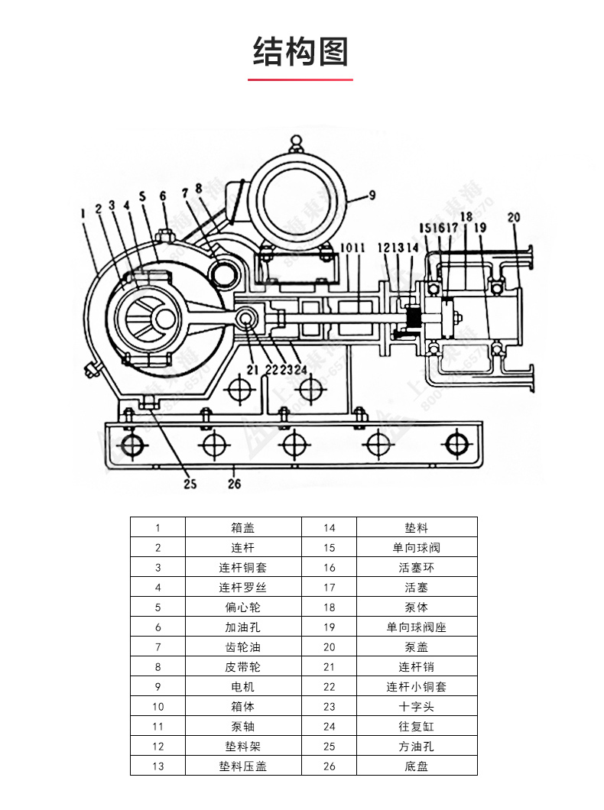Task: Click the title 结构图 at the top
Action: click(301, 51)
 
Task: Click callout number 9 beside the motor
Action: click(371, 195)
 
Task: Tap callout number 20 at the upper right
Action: click(513, 218)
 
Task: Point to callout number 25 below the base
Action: click(190, 483)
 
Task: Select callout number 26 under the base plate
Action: click(234, 483)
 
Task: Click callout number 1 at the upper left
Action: click(82, 215)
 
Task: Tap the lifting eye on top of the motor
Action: click(296, 142)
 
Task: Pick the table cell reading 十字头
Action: click(416, 706)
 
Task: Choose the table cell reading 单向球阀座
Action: click(416, 627)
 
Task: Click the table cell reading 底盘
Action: click(416, 766)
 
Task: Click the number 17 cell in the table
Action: click(330, 587)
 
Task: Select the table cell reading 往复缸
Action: click(416, 726)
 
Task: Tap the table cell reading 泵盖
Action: click(416, 646)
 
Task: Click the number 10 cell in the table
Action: click(157, 706)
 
